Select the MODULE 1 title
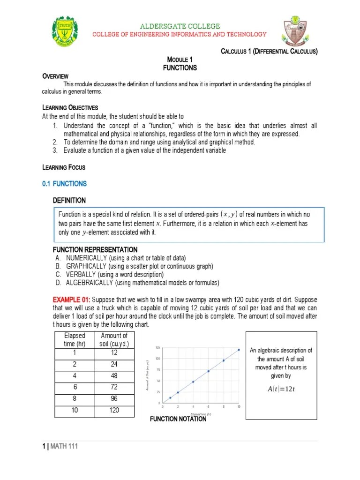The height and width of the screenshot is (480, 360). (180, 60)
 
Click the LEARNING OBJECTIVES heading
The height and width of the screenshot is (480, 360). (70, 108)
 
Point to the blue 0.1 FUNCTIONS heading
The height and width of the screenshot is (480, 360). (64, 184)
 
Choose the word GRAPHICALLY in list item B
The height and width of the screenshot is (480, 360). (90, 266)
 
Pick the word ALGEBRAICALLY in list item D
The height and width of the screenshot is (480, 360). (93, 283)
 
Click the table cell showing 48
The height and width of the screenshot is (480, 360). (114, 376)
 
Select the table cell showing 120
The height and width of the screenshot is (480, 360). (114, 410)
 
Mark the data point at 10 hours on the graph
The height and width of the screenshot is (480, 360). (239, 349)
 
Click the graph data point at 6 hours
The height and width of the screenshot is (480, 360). (208, 371)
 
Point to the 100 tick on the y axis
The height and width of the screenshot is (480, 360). (157, 359)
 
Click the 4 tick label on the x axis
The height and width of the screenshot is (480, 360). (193, 407)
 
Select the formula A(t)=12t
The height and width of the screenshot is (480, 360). (281, 389)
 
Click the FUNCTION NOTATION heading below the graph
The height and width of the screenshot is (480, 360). (178, 419)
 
